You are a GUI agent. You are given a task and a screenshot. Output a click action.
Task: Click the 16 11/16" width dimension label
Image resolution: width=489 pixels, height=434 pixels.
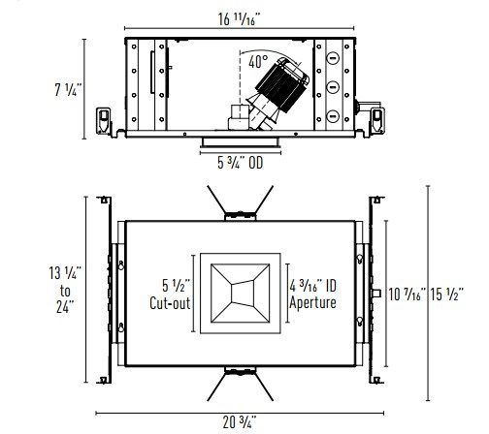pos(239,19)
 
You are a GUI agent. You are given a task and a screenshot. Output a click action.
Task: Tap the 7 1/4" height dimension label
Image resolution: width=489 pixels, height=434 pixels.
pos(66,89)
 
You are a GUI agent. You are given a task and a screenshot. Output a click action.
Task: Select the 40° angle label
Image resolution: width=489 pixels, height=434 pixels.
pos(258,61)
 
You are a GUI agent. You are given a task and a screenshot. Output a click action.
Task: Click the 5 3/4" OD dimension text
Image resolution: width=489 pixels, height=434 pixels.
pos(240,163)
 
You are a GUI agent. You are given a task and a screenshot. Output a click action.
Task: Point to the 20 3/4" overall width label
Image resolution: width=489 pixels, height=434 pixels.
pos(240,422)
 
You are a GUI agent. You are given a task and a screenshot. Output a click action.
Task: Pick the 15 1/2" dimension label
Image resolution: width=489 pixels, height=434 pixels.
pos(446,294)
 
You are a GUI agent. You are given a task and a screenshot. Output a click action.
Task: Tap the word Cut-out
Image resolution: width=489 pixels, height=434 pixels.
pos(170,302)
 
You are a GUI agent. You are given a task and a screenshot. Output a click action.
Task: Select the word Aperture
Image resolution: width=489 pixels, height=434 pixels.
pos(312,302)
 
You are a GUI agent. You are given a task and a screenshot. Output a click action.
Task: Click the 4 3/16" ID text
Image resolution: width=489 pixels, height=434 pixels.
pos(312,286)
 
